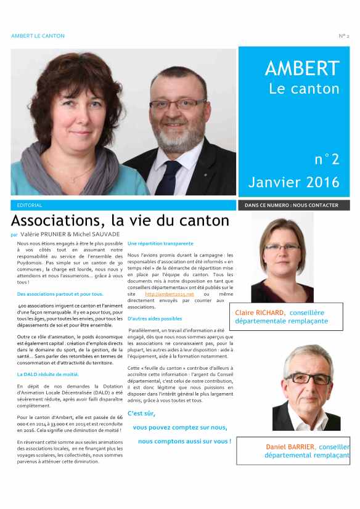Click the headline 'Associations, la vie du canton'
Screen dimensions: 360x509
(120, 221)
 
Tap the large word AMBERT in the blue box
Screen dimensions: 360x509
(302, 68)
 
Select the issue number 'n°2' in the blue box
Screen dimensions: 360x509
(327, 160)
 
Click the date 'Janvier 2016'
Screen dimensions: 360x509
(294, 182)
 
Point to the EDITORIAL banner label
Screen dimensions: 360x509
(30, 205)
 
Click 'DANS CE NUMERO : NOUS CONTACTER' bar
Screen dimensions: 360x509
(292, 205)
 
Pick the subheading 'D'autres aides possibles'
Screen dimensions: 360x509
(155, 319)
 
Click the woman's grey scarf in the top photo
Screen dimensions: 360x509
(68, 166)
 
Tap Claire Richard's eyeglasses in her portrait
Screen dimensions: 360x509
(280, 246)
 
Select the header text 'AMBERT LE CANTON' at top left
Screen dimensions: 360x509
(38, 36)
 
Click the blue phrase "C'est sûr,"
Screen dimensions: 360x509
(141, 413)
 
